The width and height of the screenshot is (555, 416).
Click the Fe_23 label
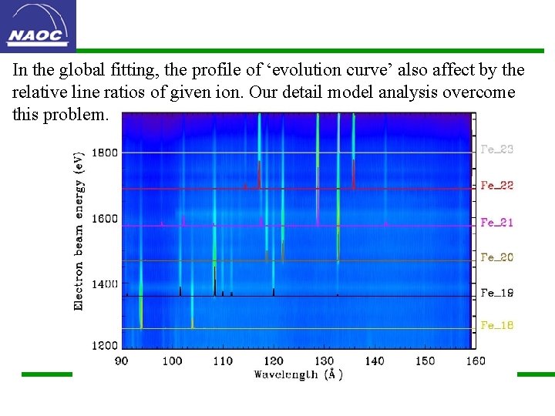pos(496,149)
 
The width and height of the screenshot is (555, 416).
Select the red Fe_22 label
pos(496,186)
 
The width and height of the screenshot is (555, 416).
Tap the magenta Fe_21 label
pos(496,223)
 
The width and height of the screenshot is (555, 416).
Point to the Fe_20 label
pos(496,257)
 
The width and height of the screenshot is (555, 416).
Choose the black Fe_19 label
pos(496,293)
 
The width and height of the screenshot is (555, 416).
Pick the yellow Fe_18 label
pos(496,326)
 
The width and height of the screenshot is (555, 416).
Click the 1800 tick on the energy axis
pos(106,153)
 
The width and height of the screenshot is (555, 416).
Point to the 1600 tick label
pos(106,219)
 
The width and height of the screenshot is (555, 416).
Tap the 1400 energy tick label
pos(106,284)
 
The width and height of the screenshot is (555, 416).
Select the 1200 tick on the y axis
pos(106,346)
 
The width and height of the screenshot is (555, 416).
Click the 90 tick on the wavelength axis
pos(122,361)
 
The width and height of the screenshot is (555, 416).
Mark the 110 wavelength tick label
pos(222,361)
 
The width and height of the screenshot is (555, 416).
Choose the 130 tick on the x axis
pos(324,361)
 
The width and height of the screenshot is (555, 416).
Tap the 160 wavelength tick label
pos(476,361)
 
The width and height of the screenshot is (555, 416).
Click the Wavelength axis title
pos(298,374)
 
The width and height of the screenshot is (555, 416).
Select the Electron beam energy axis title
pos(79,231)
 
